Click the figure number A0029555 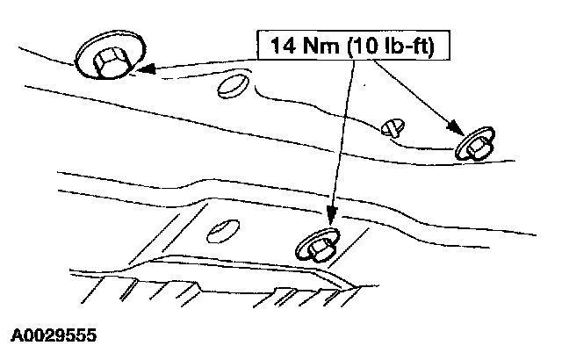click(x=54, y=335)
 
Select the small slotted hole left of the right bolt click(x=393, y=128)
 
